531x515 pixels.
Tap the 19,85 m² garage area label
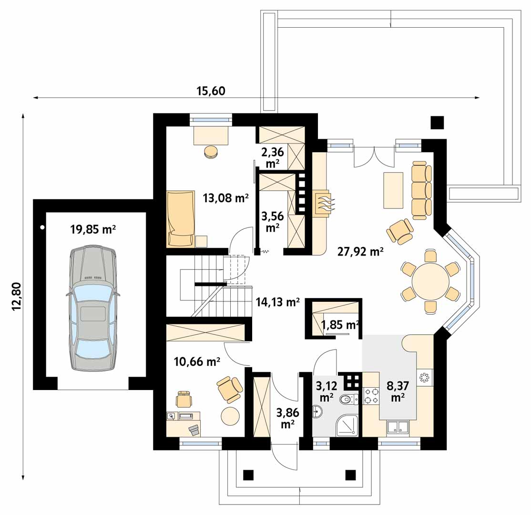pos(93,229)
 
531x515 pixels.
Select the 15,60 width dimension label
pos(211,91)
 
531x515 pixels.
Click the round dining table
pos(430,281)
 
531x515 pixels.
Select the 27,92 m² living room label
pos(360,251)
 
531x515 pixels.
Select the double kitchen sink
pos(398,428)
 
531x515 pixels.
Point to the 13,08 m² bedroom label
pos(225,197)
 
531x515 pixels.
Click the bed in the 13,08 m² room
pos(181,218)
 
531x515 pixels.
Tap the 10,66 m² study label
pos(197,361)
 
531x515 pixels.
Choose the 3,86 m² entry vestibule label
pos(287,418)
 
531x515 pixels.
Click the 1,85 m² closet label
pos(340,325)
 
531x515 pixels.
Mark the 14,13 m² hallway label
pos(277,301)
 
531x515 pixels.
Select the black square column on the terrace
pos(437,122)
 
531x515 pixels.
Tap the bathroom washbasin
pos(317,412)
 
